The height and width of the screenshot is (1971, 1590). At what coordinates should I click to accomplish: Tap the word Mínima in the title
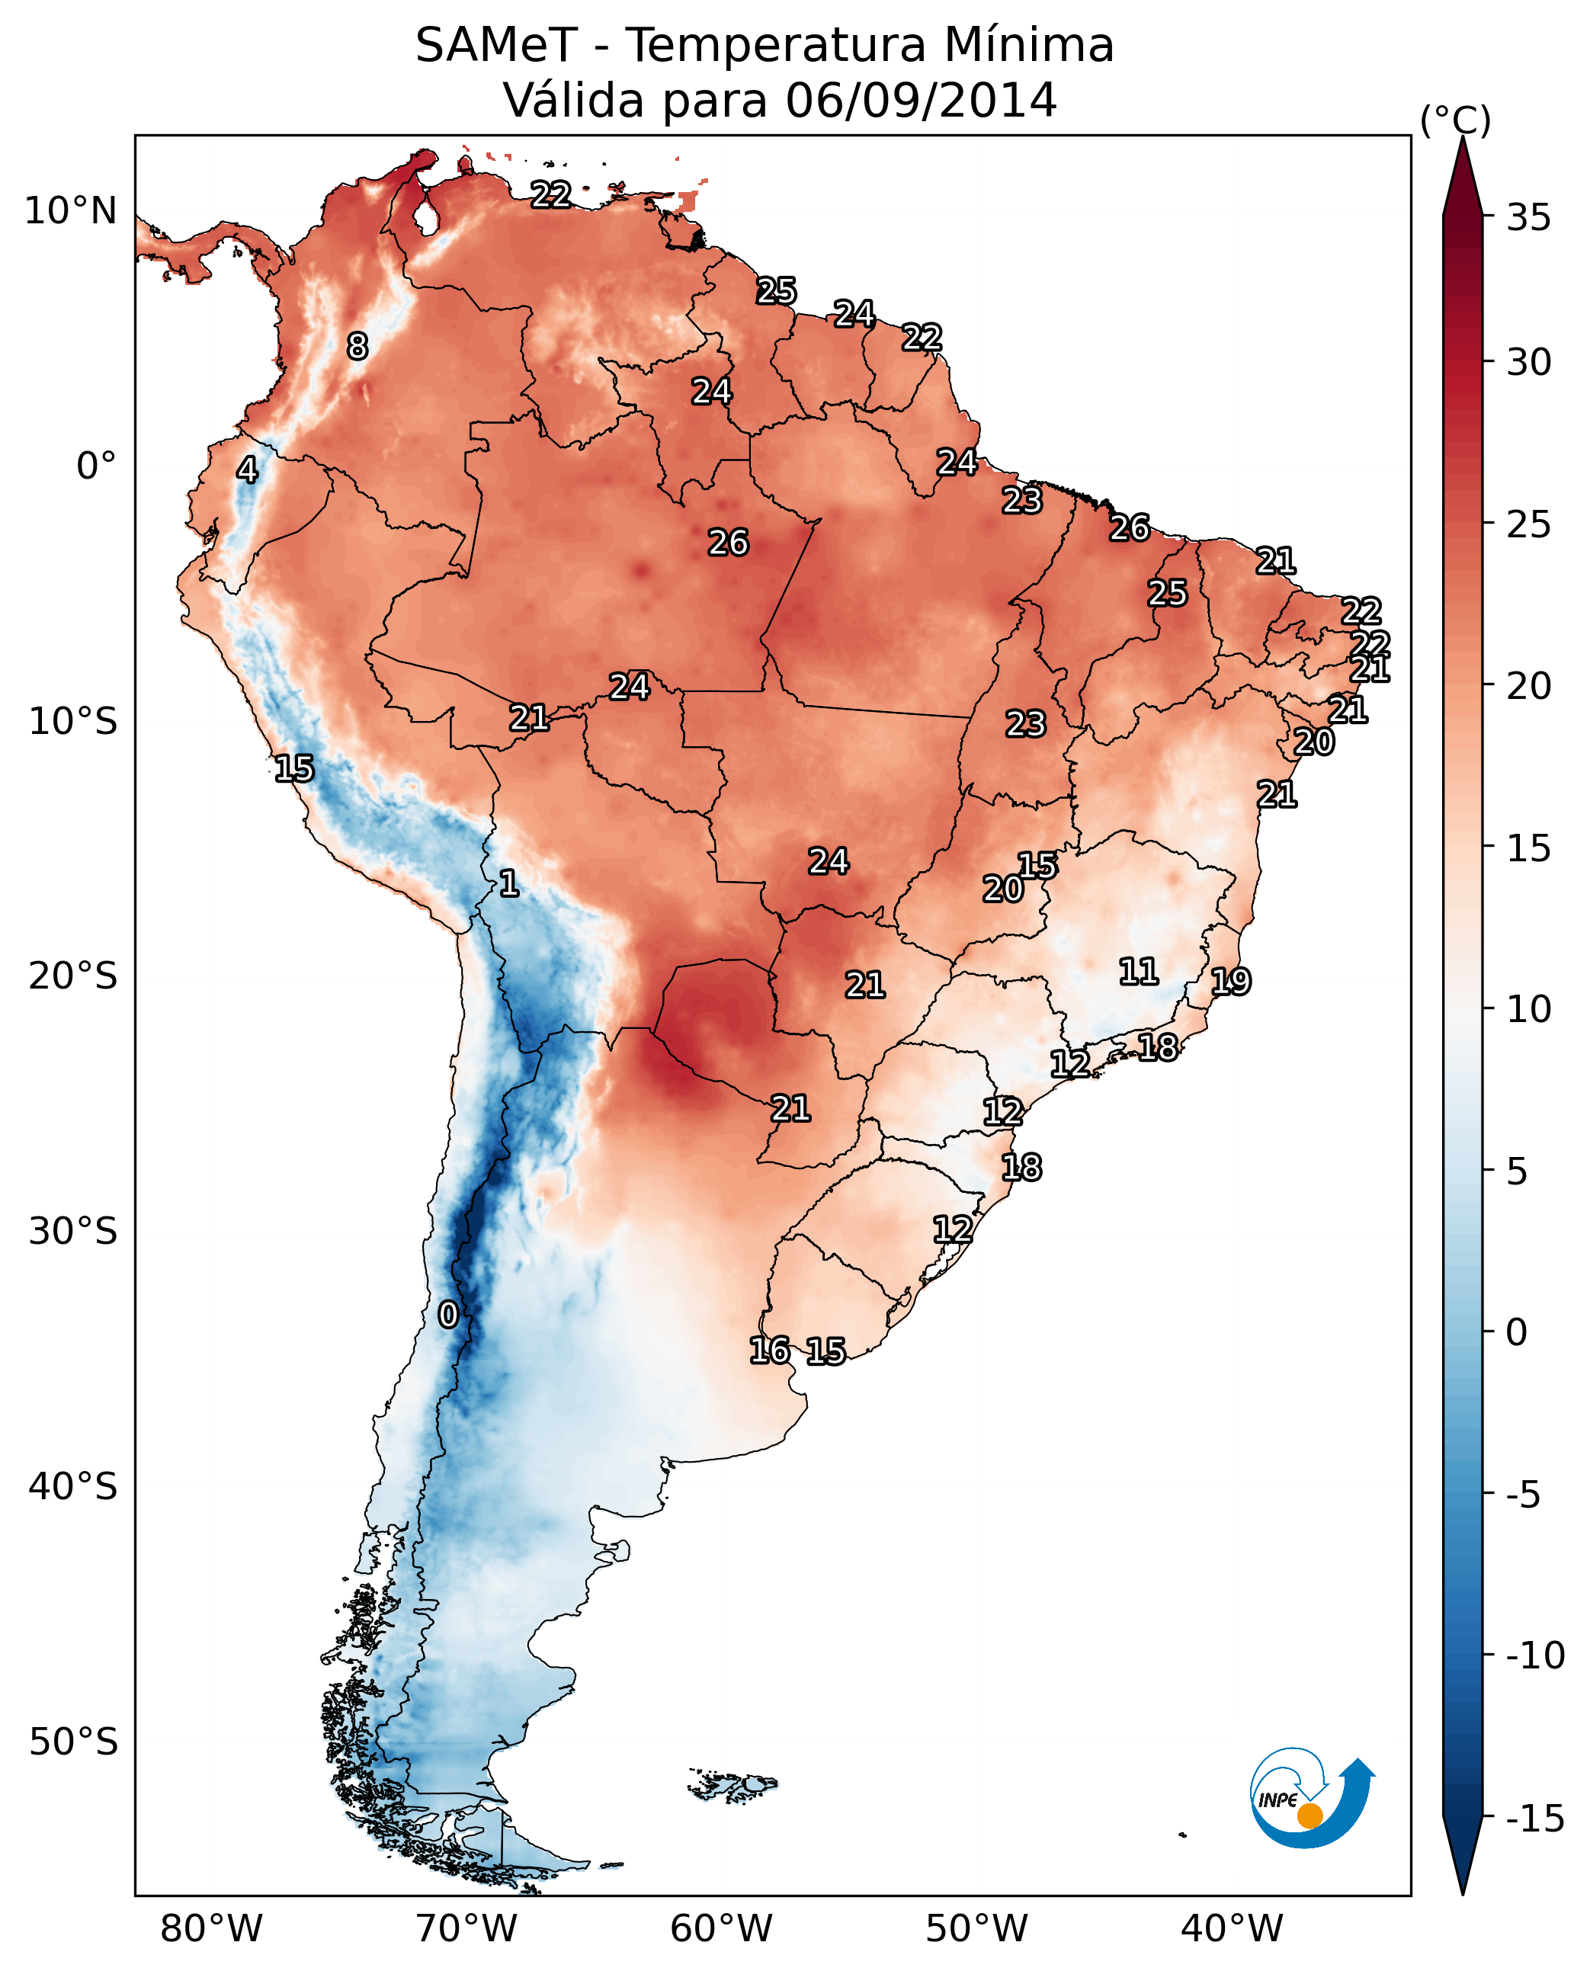point(1028,45)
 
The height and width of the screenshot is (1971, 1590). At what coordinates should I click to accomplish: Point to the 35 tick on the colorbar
point(1527,218)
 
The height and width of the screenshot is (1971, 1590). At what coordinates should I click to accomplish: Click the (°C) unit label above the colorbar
point(1455,120)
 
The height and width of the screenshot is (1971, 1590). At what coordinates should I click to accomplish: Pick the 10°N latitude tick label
point(71,212)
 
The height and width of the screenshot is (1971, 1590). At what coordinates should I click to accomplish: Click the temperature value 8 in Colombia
point(357,346)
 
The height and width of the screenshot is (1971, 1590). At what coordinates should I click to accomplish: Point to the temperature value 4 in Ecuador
point(246,470)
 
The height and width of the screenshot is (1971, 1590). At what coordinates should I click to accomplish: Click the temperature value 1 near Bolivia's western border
point(509,884)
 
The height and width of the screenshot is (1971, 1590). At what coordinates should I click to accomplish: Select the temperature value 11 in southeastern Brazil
point(1139,972)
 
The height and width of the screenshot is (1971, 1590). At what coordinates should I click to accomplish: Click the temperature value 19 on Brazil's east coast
point(1231,982)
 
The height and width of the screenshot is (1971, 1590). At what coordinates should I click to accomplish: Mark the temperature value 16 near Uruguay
point(769,1350)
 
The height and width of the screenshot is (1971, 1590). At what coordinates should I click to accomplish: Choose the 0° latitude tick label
point(96,467)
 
